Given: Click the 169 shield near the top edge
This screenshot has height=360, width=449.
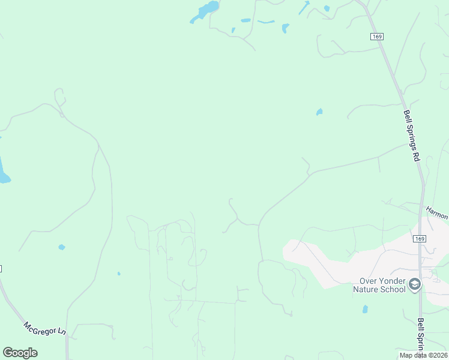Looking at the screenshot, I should click(377, 37).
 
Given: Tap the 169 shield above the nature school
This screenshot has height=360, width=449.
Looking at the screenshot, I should click(420, 239).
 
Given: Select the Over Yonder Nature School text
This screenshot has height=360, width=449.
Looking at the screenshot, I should click(382, 284).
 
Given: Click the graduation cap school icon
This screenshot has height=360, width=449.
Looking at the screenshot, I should click(415, 284).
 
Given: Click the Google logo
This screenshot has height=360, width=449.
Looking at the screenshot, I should click(20, 353).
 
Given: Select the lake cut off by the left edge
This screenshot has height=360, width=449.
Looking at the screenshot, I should click(3, 171).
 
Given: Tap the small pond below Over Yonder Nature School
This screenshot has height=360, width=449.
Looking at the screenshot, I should click(365, 309).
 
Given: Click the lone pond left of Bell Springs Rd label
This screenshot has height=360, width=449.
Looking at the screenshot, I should click(319, 112).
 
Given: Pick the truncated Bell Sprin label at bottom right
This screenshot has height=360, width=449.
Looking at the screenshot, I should click(421, 335).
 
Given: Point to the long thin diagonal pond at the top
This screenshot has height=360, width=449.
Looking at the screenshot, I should click(304, 8).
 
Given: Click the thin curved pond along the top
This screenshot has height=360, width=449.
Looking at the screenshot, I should click(266, 22).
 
